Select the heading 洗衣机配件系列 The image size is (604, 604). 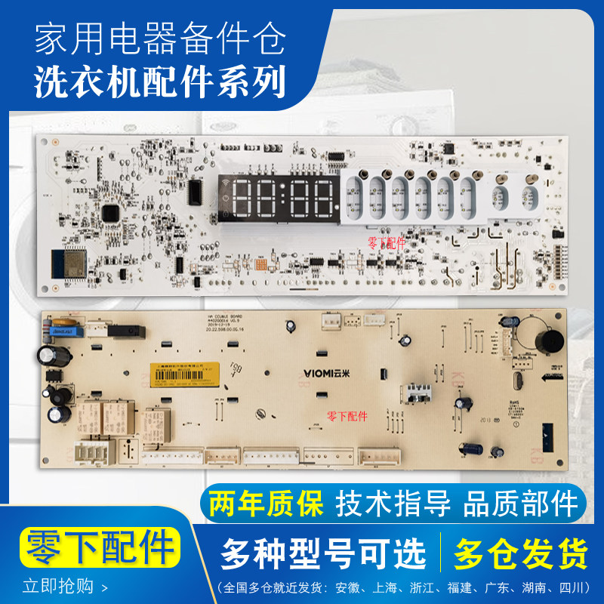click(x=160, y=81)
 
